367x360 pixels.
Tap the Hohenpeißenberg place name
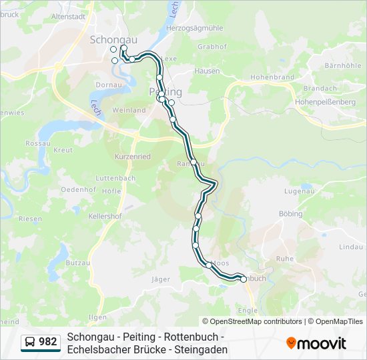click(326, 102)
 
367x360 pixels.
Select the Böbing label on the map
click(292, 214)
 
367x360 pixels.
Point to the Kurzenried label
click(132, 156)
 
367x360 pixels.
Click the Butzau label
click(78, 263)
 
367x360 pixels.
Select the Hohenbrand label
click(272, 77)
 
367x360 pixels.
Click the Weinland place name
click(129, 110)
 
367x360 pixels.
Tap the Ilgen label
click(97, 317)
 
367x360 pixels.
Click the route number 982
click(48, 342)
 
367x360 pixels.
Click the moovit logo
click(316, 343)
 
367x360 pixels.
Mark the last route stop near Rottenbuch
click(243, 279)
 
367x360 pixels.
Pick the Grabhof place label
click(212, 47)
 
